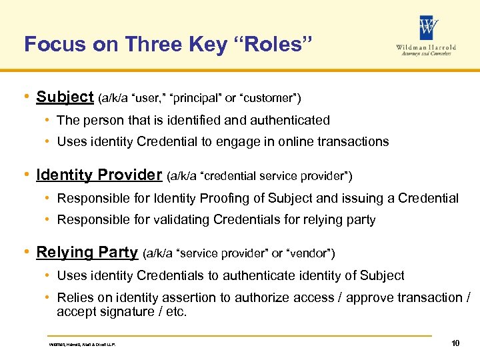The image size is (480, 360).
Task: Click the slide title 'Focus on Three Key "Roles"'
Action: point(168,44)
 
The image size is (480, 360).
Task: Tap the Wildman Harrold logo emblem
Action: point(429,28)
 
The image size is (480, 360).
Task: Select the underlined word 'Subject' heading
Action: point(65,97)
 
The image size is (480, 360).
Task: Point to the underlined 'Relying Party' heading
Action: point(87,253)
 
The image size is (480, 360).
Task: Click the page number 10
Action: point(455,343)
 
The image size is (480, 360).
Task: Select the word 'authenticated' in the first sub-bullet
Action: point(293,121)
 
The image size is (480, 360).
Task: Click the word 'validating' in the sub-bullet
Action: point(175,219)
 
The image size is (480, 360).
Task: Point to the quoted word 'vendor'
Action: point(310,254)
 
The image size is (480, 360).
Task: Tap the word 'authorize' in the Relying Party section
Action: point(258,297)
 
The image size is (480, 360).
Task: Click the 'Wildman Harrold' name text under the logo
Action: point(427,47)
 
